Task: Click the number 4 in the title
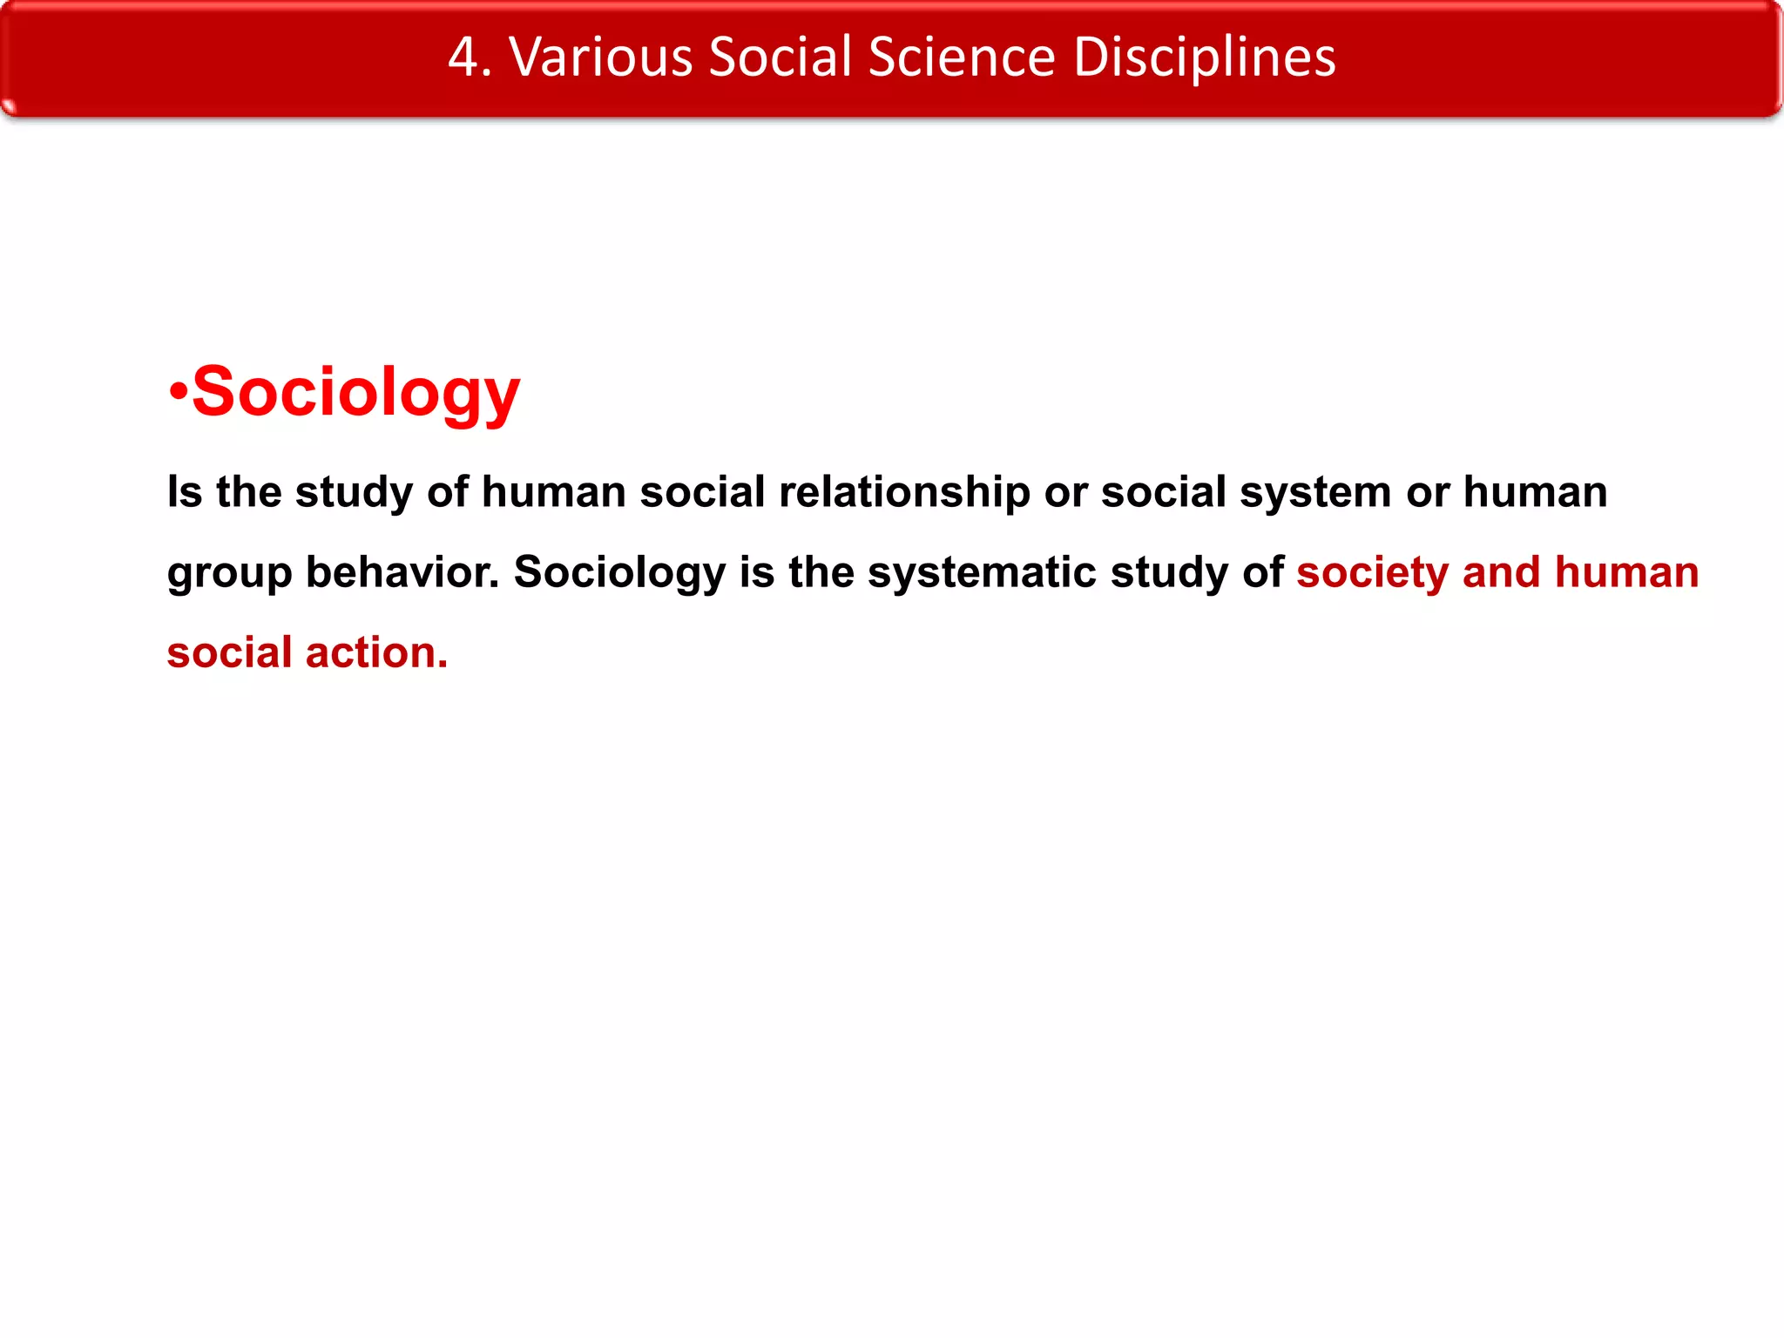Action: (x=463, y=57)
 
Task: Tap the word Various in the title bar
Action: (x=600, y=57)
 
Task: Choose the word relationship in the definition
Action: (x=904, y=492)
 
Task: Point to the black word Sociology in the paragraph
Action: (x=619, y=574)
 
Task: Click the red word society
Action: (x=1372, y=574)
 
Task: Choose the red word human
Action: (x=1626, y=572)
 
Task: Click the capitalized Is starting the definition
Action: (x=185, y=492)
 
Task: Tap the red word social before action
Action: (x=229, y=652)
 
